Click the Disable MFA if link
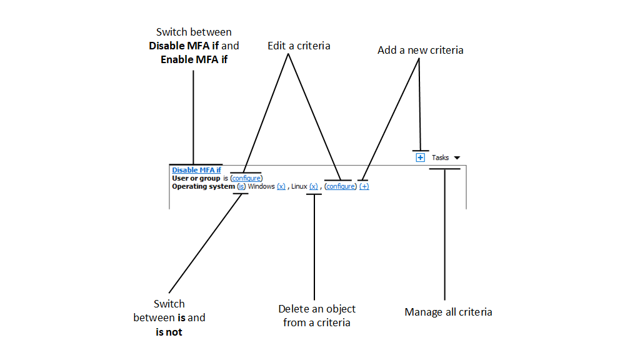click(196, 170)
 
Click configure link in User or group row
click(246, 178)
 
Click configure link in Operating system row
click(341, 186)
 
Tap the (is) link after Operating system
click(241, 186)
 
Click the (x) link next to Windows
click(281, 186)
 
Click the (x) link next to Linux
click(314, 186)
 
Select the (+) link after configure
click(364, 186)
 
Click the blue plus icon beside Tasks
click(421, 157)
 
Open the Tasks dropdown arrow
click(457, 158)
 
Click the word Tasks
click(440, 157)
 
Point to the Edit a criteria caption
click(299, 46)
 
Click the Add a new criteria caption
click(420, 50)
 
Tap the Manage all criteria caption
click(448, 312)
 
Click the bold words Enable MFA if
click(194, 60)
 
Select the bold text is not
click(169, 332)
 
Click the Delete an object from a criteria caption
click(317, 316)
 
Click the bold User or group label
click(196, 178)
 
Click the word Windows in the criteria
click(261, 186)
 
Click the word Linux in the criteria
click(299, 186)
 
